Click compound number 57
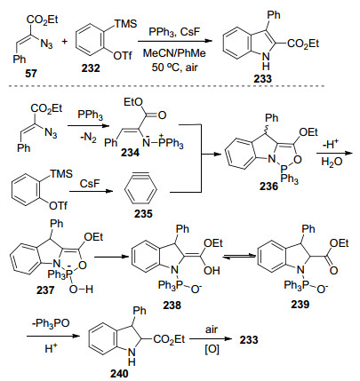tap(31, 73)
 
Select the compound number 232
tap(91, 68)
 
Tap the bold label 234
tap(130, 153)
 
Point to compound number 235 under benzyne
tap(143, 213)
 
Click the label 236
tap(269, 187)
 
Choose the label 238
tap(172, 305)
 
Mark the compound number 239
tap(300, 304)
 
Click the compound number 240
tap(119, 374)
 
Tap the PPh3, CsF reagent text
tap(174, 32)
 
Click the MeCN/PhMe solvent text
tap(174, 53)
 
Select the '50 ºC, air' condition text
tap(174, 67)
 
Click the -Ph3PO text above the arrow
tap(51, 323)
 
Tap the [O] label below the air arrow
tap(212, 350)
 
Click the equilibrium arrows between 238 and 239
tap(239, 257)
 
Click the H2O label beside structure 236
tap(332, 163)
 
